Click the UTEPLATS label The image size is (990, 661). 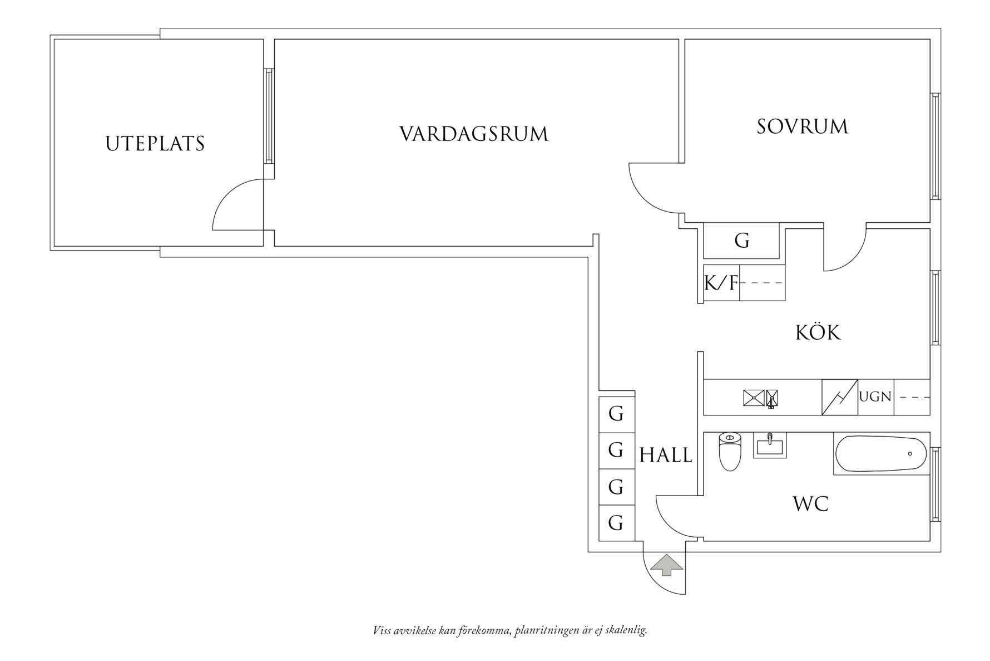[x=155, y=144]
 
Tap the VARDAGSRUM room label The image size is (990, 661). [x=474, y=134]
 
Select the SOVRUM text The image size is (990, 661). [x=802, y=126]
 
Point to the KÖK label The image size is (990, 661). [x=818, y=332]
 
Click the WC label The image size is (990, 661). [x=810, y=504]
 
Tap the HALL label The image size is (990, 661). [x=666, y=456]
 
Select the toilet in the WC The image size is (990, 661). [x=730, y=451]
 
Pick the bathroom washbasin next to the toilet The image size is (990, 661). [x=770, y=446]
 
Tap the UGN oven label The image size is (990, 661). [x=875, y=397]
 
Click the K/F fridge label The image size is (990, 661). [x=721, y=283]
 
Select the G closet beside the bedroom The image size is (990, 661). [x=741, y=241]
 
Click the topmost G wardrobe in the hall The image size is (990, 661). [x=616, y=414]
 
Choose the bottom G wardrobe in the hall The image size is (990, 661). [x=616, y=523]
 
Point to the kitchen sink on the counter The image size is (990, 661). [x=754, y=398]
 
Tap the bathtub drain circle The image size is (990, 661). [x=910, y=454]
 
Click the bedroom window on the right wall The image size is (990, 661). [x=935, y=146]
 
